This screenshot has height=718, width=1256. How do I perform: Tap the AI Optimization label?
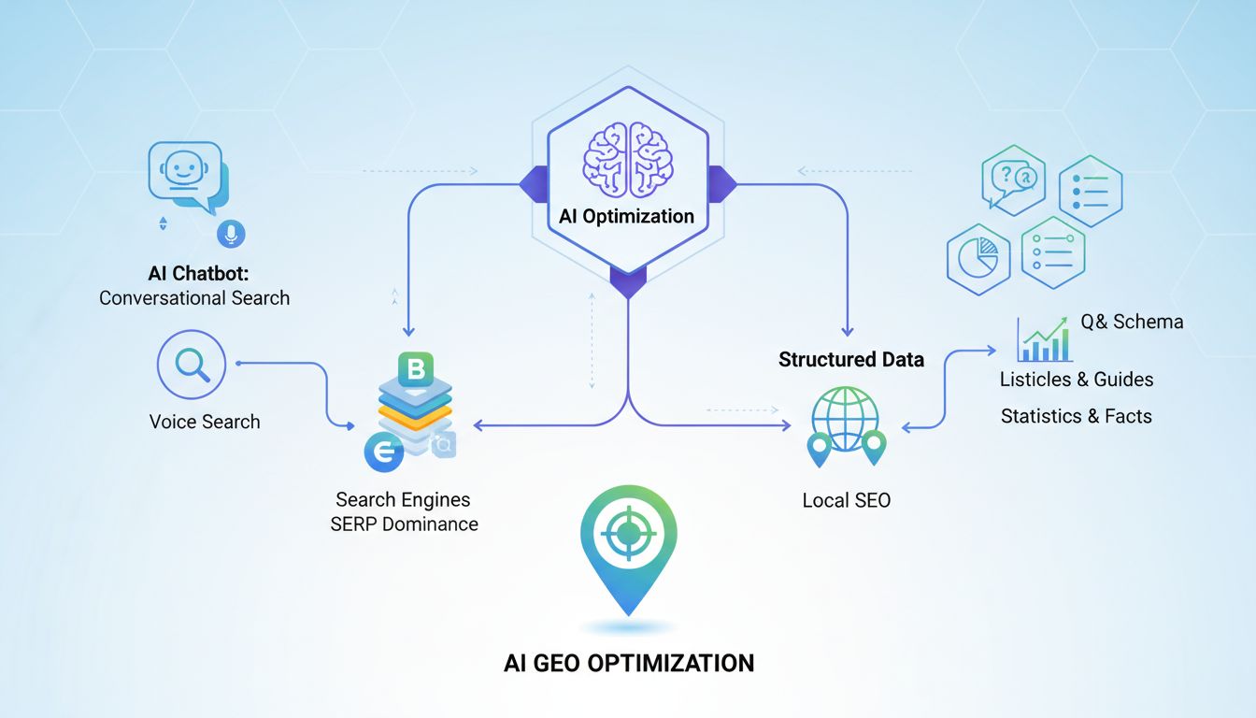tap(627, 216)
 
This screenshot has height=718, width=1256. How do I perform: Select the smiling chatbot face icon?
tap(184, 173)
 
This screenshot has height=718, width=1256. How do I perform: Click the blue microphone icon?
tap(230, 234)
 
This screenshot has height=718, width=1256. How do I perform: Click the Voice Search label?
tap(205, 422)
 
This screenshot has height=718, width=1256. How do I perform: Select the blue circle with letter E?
tap(383, 452)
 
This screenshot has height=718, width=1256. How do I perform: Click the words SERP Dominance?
tap(404, 524)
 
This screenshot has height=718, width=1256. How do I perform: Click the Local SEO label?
tap(847, 500)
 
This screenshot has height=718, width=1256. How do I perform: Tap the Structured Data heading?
tap(851, 359)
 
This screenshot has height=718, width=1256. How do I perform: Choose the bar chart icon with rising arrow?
tap(1043, 340)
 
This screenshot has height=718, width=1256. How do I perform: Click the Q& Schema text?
tap(1132, 322)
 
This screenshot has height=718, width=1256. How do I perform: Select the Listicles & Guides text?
tap(1077, 380)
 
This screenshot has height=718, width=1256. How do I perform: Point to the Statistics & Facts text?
tap(1077, 416)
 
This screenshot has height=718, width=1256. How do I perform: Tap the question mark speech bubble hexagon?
tap(1013, 179)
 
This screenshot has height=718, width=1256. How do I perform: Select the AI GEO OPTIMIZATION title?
tap(629, 664)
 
